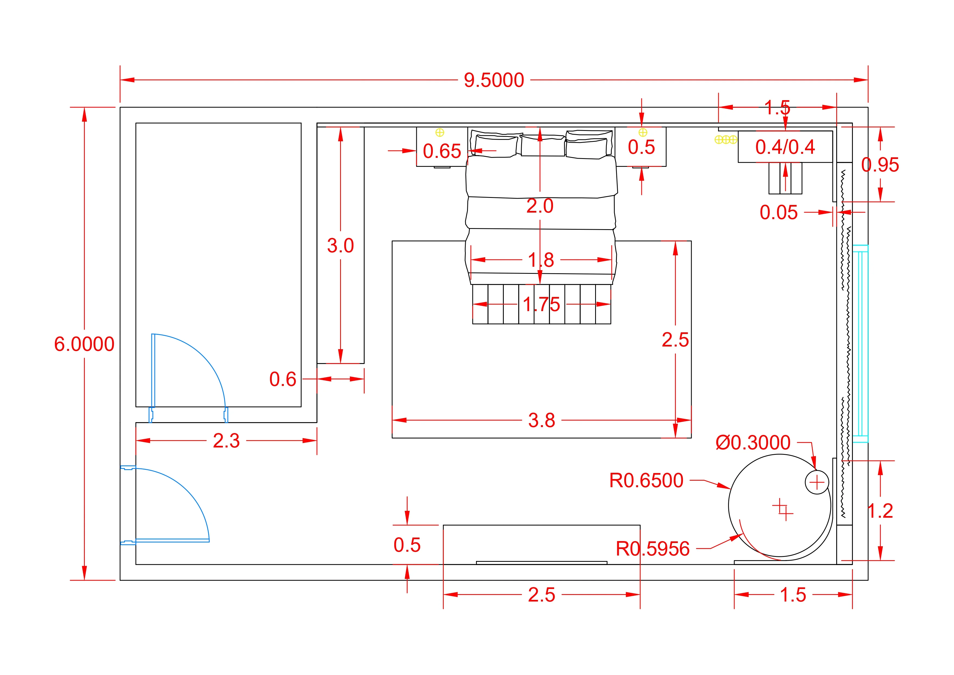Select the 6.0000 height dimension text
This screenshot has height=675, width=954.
(x=84, y=344)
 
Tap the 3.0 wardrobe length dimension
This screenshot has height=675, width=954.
(x=340, y=246)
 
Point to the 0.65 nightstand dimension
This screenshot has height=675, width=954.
(x=442, y=151)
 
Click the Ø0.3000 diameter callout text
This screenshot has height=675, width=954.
(x=753, y=443)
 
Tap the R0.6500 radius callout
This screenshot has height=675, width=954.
(x=646, y=480)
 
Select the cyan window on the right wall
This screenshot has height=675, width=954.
(x=860, y=343)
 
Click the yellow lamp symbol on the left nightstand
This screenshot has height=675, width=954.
(x=440, y=133)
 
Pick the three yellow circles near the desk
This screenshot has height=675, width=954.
(x=725, y=140)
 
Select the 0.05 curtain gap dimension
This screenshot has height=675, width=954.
(x=778, y=213)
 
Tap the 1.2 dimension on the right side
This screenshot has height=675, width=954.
(x=880, y=511)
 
